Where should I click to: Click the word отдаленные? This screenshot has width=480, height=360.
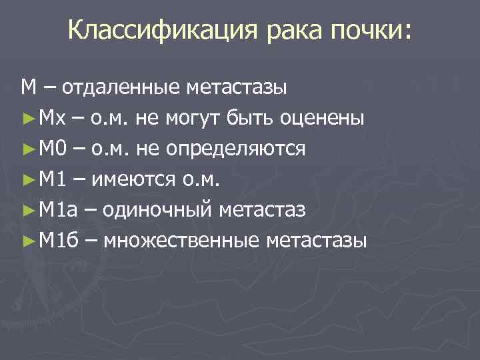pyautogui.click(x=119, y=87)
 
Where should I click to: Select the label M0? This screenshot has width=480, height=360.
pyautogui.click(x=53, y=148)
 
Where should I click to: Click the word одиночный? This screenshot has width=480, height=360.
pyautogui.click(x=157, y=209)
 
